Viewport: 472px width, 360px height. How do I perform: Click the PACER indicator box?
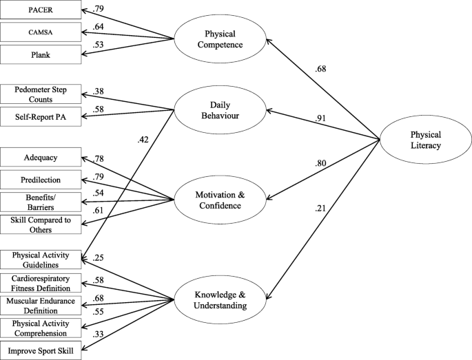39,11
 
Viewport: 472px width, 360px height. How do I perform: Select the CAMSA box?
39,32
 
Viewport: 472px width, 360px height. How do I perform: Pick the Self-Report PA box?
39,118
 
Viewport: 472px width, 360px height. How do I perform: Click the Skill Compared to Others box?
39,224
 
